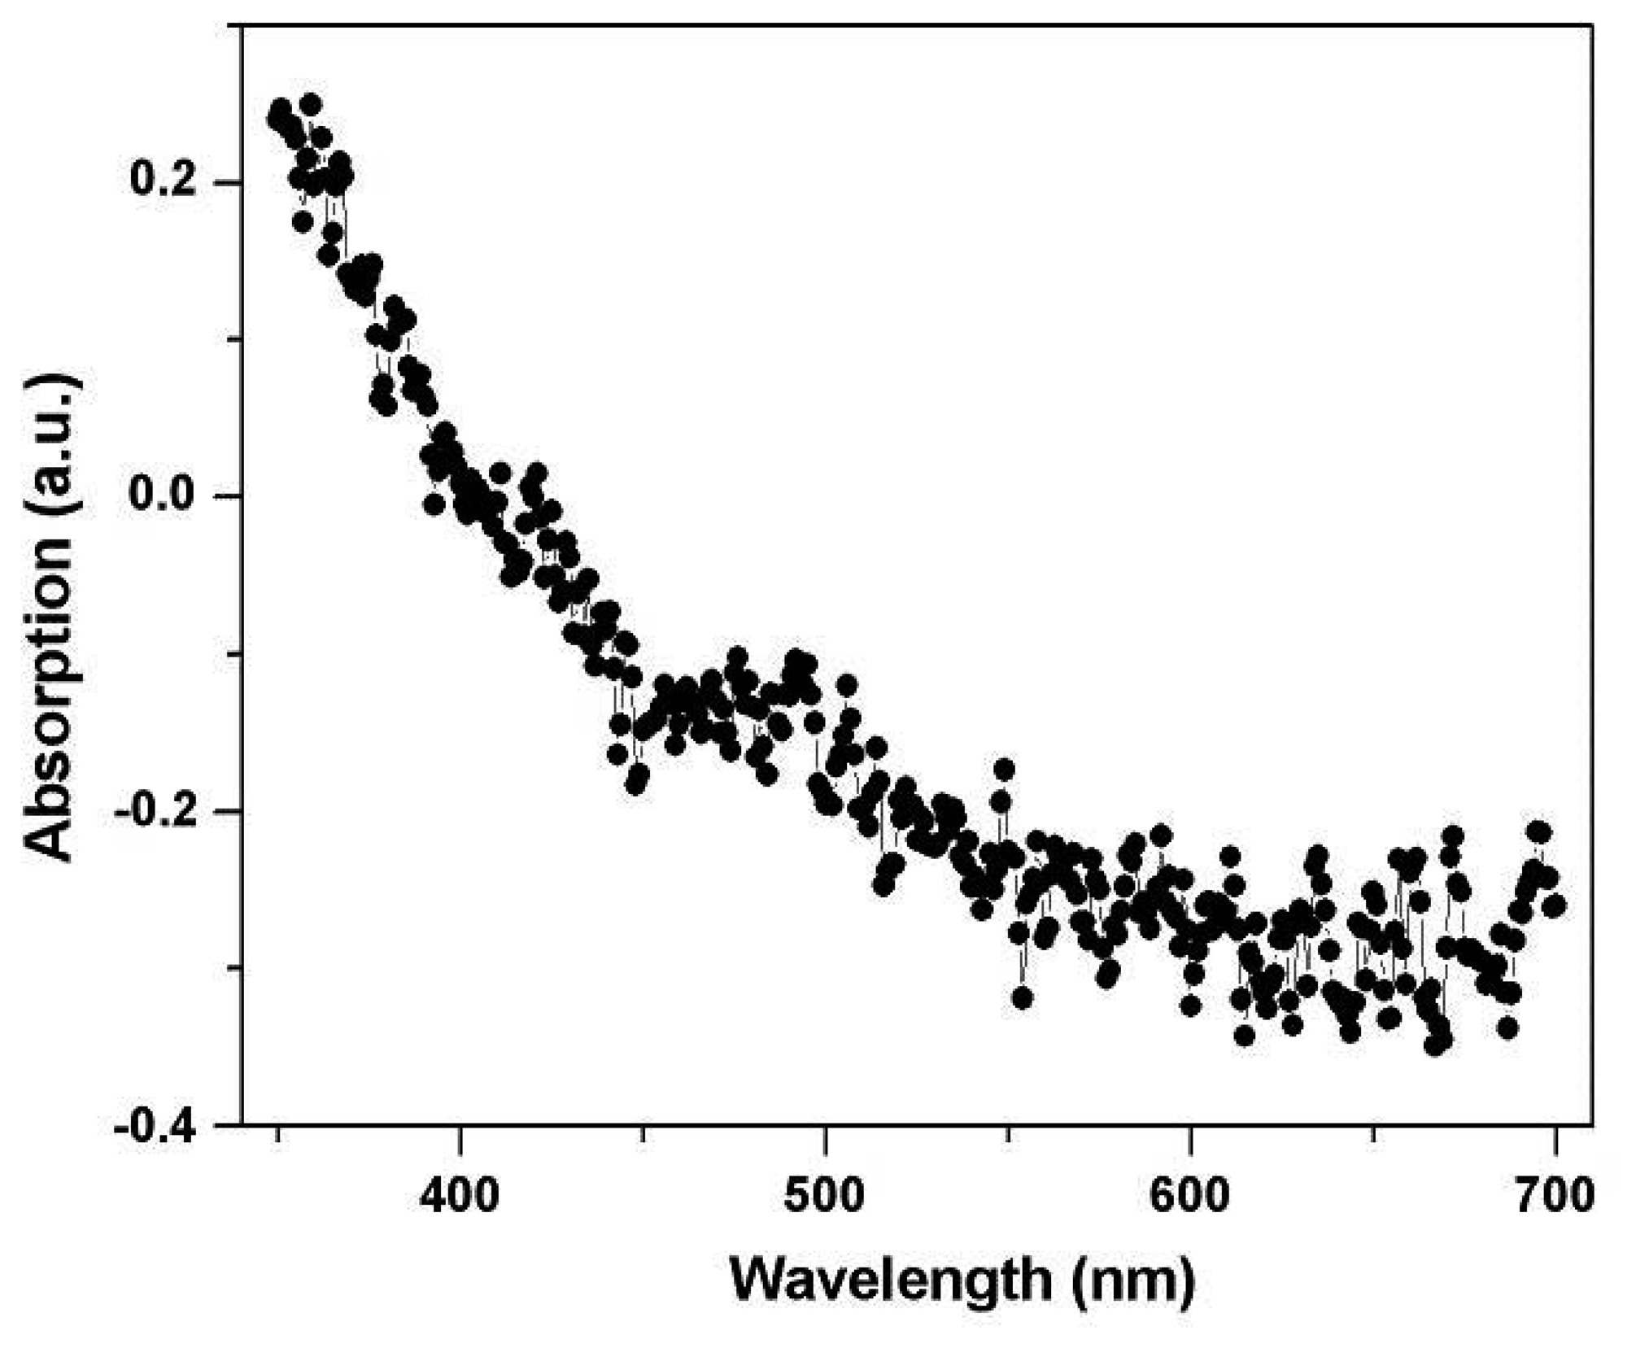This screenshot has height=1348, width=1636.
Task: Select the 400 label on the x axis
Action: click(x=460, y=1197)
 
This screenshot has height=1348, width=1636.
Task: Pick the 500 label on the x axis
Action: click(x=825, y=1197)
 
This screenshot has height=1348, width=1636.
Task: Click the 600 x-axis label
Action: click(x=1190, y=1197)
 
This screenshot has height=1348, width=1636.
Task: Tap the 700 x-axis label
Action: click(x=1555, y=1197)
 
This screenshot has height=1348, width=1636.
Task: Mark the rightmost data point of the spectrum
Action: click(x=1554, y=905)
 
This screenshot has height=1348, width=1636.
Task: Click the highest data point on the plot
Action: click(x=310, y=104)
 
